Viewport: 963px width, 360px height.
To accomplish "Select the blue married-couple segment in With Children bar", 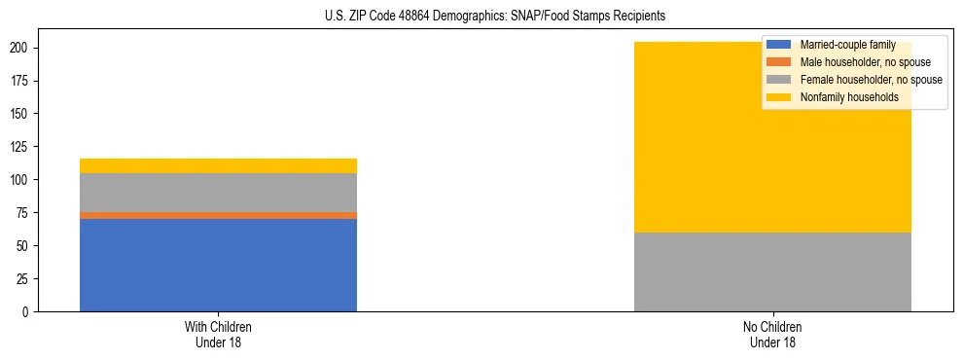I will point(218,265).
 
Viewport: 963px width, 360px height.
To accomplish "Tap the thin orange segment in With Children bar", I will point(218,215).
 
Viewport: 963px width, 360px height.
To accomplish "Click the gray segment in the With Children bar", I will point(218,193).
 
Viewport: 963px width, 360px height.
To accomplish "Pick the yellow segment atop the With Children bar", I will point(218,165).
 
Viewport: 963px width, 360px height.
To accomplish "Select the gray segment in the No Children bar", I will point(772,271).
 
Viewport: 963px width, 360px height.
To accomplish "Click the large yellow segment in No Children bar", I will point(681,137).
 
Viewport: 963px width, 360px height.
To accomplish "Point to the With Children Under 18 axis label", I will point(218,334).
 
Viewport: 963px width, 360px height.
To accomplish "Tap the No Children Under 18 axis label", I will point(772,334).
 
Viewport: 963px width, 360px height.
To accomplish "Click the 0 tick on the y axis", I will point(29,311).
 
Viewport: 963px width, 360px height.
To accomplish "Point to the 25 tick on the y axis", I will point(26,278).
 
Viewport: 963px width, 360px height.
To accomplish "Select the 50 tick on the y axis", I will point(26,245).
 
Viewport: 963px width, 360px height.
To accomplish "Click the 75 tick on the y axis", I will point(26,212).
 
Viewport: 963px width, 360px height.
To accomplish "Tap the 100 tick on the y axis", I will point(23,180).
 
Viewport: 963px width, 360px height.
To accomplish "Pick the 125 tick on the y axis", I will point(23,147).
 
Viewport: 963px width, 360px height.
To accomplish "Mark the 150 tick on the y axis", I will point(23,114).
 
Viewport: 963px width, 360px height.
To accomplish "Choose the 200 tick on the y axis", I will point(23,48).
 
